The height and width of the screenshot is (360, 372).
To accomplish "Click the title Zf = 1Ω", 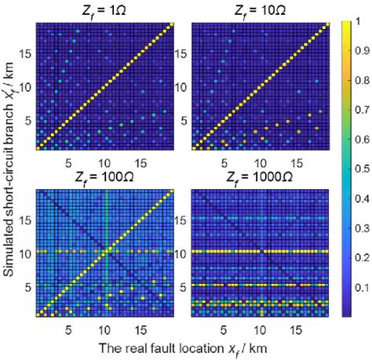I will coord(103,10).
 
